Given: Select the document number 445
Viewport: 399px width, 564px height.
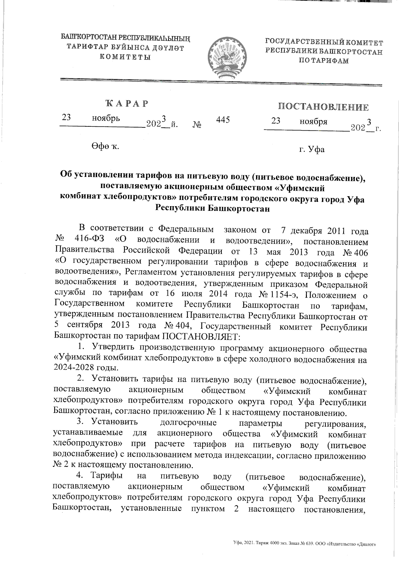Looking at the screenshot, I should [x=223, y=120].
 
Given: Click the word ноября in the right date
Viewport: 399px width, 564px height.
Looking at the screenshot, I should [x=313, y=121].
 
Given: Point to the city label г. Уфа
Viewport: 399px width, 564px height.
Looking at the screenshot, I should [x=312, y=149].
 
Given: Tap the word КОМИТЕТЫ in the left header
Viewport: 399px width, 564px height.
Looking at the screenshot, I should [x=126, y=57].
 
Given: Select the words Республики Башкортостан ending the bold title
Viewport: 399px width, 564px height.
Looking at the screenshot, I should [x=212, y=209].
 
